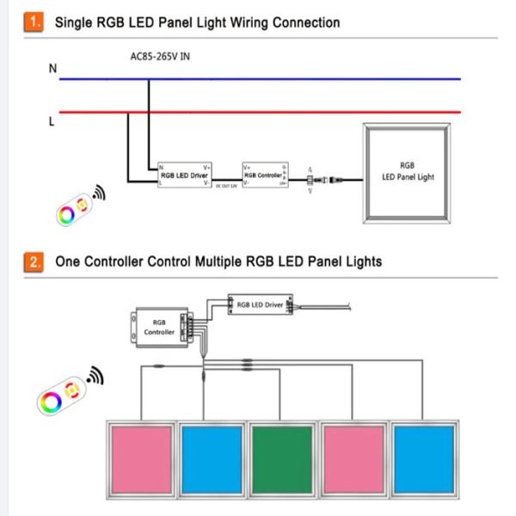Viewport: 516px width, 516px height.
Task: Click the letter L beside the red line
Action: click(51, 121)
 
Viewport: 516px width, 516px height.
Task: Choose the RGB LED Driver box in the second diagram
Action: click(261, 304)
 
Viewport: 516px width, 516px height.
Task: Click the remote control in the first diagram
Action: click(72, 209)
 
